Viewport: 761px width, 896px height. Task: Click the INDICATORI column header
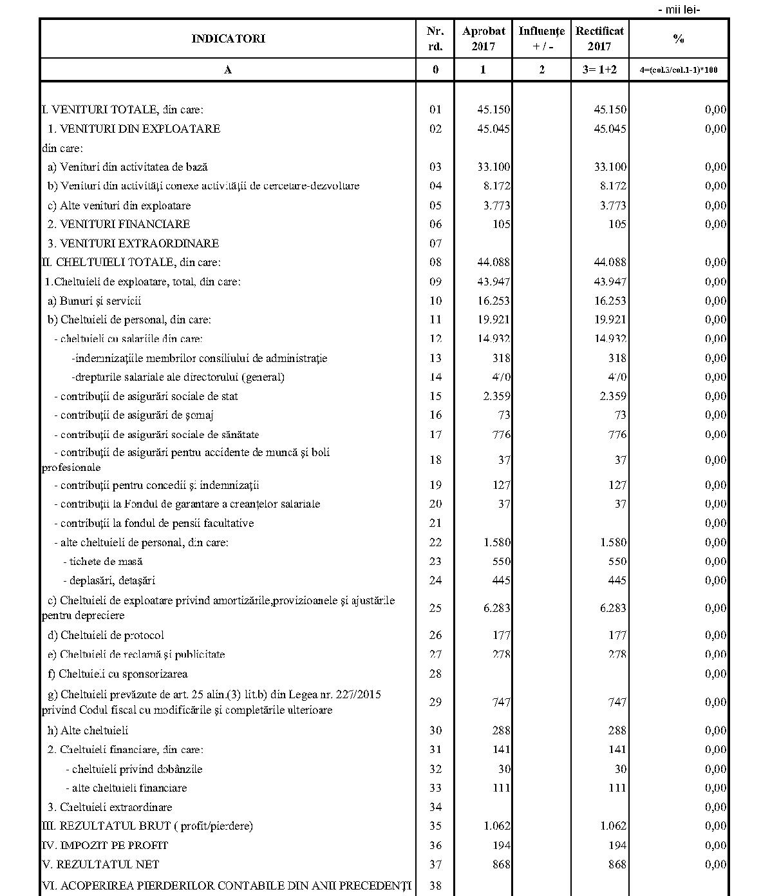[x=228, y=39]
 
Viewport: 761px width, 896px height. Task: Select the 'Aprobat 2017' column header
[x=484, y=39]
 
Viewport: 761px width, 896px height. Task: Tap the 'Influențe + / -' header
[x=541, y=39]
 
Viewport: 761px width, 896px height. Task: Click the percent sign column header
[x=679, y=39]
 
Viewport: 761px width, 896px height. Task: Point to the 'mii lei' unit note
[x=679, y=9]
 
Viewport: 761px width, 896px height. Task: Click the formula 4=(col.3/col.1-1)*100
[x=679, y=70]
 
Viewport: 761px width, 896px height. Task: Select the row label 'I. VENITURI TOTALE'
[x=123, y=110]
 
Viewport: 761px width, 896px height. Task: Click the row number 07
[x=435, y=243]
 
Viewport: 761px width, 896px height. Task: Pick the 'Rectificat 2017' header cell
[x=599, y=39]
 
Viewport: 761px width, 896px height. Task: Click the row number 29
[x=435, y=702]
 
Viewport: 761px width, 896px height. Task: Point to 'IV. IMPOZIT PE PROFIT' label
[x=105, y=845]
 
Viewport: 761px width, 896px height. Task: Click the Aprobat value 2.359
[x=497, y=396]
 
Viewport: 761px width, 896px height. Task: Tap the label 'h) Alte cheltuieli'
[x=88, y=730]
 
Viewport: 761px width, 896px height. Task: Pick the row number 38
[x=435, y=886]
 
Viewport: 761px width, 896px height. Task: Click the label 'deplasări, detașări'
[x=109, y=580]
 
